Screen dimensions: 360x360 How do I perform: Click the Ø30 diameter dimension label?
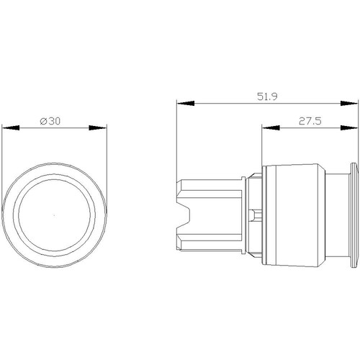coord(50,121)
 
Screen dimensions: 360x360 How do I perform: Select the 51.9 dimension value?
coord(267,96)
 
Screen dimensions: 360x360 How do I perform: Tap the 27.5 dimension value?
coord(310,121)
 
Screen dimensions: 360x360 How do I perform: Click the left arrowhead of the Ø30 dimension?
coord(11,127)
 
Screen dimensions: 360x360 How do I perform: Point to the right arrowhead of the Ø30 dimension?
coord(98,127)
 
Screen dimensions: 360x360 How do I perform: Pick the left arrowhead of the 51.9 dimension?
coord(185,103)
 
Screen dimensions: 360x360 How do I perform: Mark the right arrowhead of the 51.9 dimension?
coord(349,103)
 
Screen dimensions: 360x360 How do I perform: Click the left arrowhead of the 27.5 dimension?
coord(271,127)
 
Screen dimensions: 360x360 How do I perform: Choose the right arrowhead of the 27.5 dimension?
coord(349,127)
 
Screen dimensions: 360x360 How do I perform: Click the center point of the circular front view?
coord(54,215)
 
